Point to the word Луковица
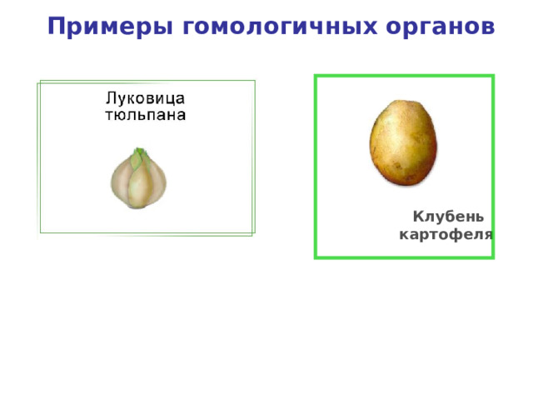coord(144,97)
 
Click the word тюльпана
coord(144,114)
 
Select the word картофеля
coord(446,234)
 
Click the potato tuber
coord(403,141)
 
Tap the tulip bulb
coord(138,178)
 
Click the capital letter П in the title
coord(57,27)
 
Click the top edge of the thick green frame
coord(404,76)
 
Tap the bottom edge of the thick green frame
coord(404,257)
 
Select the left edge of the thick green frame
coord(316,167)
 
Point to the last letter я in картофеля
coord(488,234)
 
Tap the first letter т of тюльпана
coord(107,115)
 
